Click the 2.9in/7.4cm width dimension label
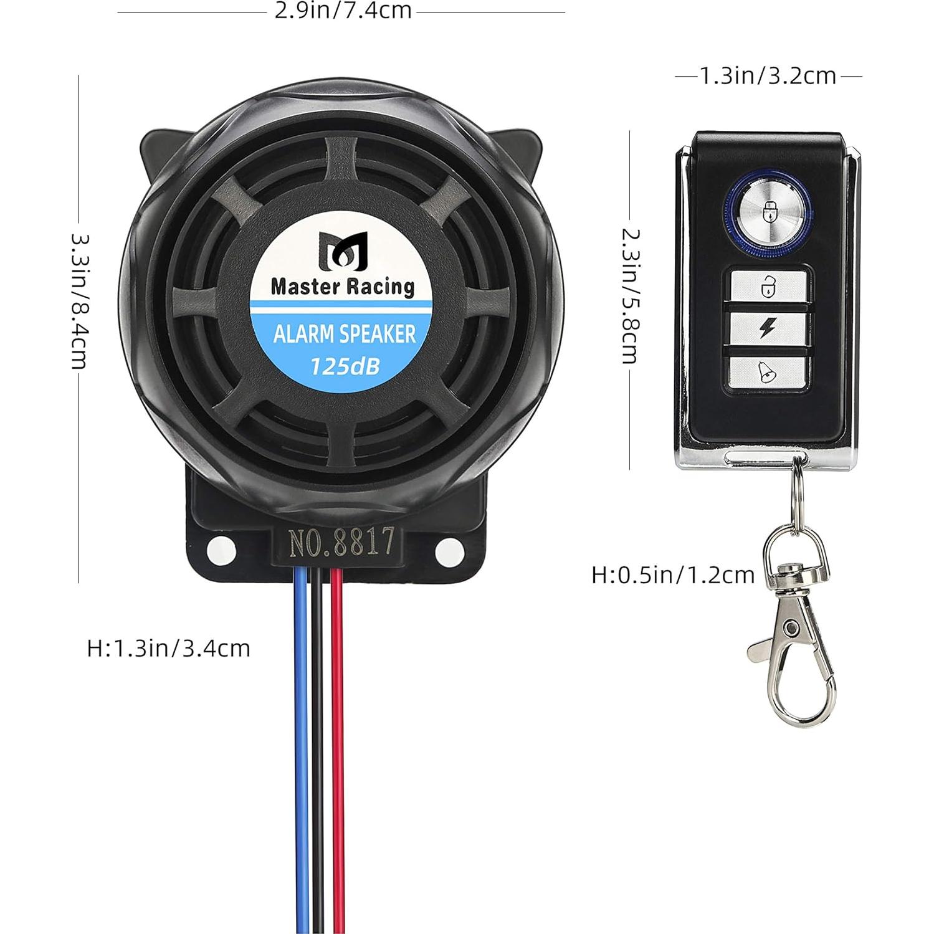[343, 11]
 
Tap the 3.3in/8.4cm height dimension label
[79, 302]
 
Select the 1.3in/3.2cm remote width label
[768, 76]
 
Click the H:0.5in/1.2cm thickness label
[673, 574]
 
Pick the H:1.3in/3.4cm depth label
[168, 648]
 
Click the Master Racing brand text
[342, 287]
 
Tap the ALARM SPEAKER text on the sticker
[344, 334]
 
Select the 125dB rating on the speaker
[345, 366]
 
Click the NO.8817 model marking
[341, 542]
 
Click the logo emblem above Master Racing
[343, 250]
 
